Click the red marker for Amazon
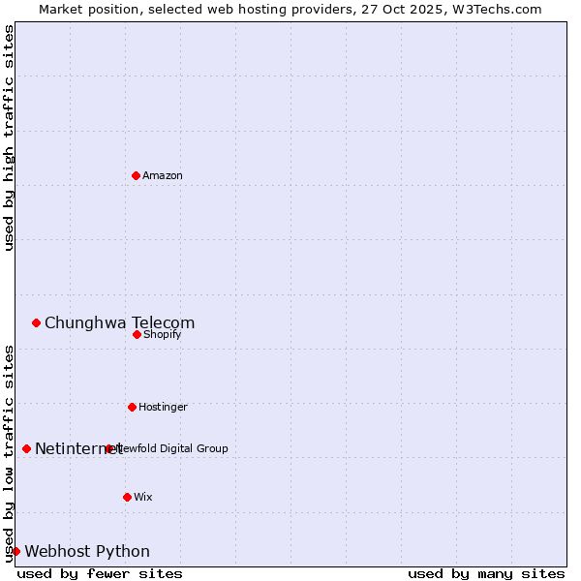[137, 175]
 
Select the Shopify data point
[138, 334]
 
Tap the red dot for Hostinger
[132, 407]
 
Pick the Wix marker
[127, 497]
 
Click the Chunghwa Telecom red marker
[37, 322]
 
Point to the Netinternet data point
[27, 448]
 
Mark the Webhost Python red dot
[15, 551]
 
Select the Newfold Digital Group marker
[108, 448]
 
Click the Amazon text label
[163, 175]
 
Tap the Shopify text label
[163, 334]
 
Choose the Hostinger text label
[163, 407]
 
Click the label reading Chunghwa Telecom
[119, 323]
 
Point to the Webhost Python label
[87, 552]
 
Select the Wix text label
[143, 497]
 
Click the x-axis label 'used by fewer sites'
[100, 573]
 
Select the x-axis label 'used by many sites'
[486, 573]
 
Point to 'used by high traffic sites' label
[9, 138]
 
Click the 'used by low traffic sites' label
[9, 453]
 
